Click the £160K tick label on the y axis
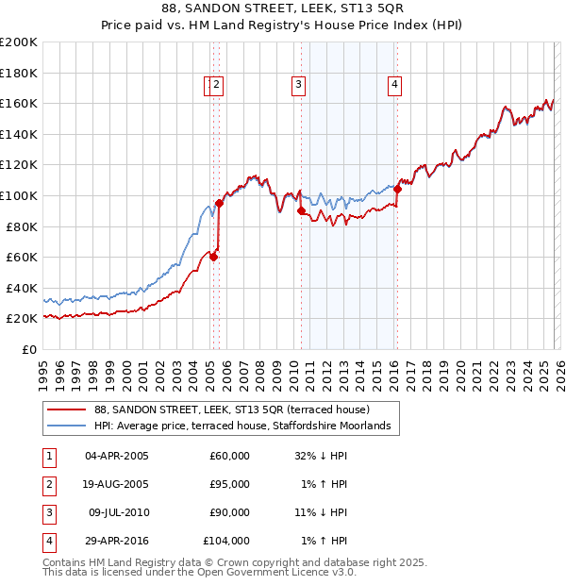(19, 103)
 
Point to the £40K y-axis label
(22, 288)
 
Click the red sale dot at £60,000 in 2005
(214, 257)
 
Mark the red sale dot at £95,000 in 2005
(219, 203)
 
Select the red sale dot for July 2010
(302, 211)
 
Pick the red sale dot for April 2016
(397, 189)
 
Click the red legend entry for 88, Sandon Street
(231, 409)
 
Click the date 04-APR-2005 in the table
(117, 456)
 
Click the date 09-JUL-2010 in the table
(117, 512)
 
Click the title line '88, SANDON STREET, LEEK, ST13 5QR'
(283, 9)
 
